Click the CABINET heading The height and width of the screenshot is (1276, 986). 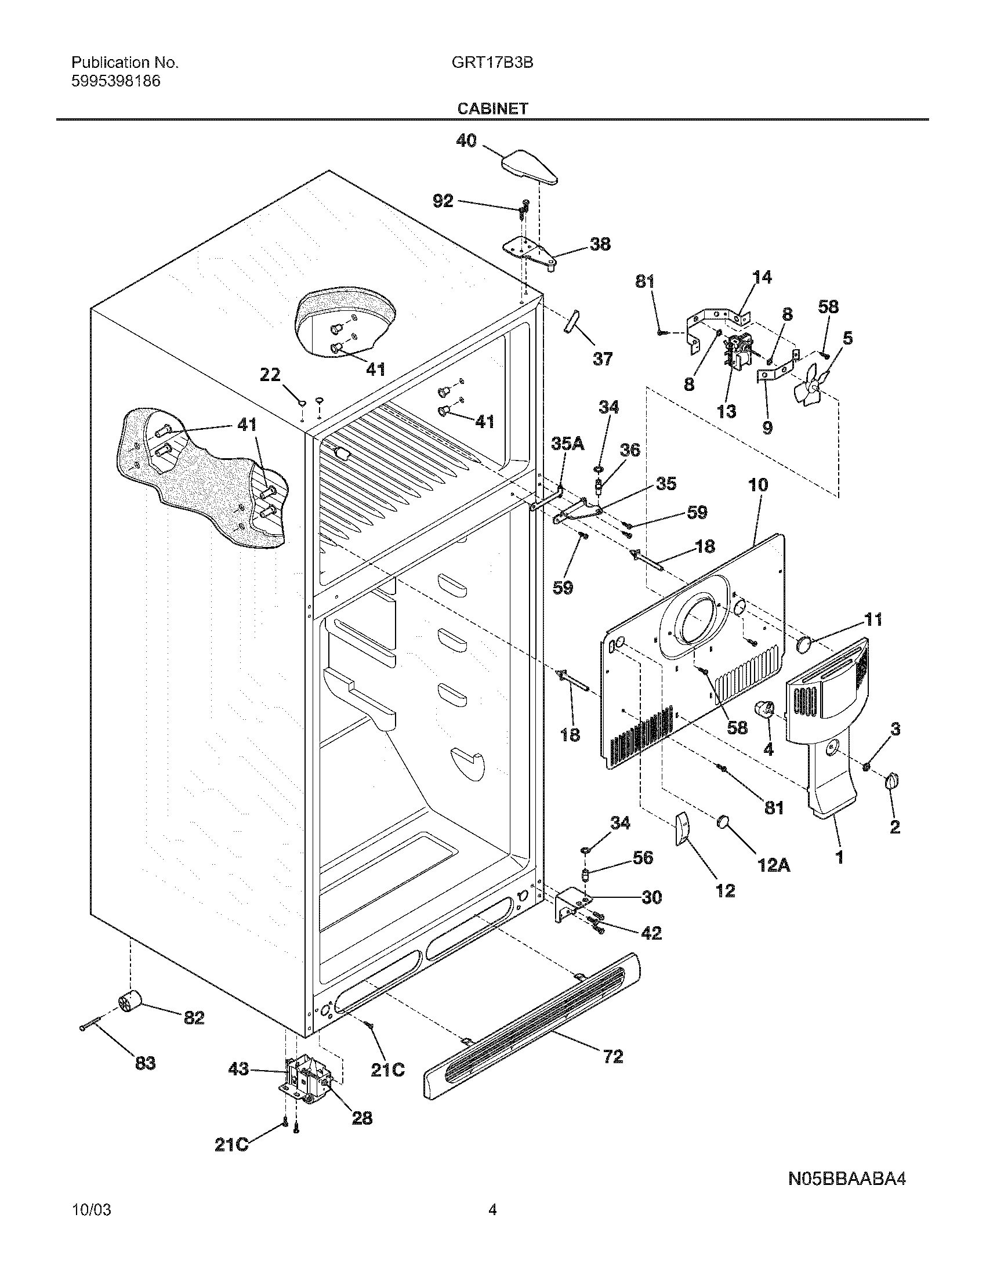click(x=492, y=108)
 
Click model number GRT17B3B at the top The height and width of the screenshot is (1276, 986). click(x=492, y=63)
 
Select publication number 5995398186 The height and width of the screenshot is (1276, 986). click(x=115, y=81)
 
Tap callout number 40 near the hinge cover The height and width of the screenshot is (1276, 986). click(x=466, y=141)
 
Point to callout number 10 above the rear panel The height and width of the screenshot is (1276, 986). click(x=757, y=485)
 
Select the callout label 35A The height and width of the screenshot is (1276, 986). click(x=568, y=445)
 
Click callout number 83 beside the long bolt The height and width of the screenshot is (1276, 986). click(x=145, y=1063)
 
